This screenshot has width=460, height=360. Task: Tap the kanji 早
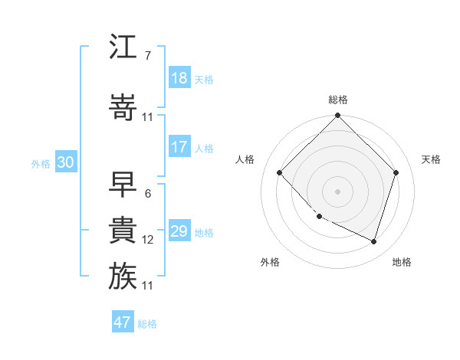pyautogui.click(x=123, y=183)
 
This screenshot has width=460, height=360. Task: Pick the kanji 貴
pyautogui.click(x=123, y=229)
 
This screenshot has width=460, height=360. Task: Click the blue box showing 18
pyautogui.click(x=179, y=78)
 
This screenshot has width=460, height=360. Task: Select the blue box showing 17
pyautogui.click(x=179, y=147)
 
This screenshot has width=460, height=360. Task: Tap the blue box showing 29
pyautogui.click(x=179, y=231)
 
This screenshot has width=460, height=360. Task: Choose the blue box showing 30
pyautogui.click(x=65, y=162)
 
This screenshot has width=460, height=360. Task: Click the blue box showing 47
pyautogui.click(x=123, y=322)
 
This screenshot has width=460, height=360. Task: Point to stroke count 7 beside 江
pyautogui.click(x=147, y=56)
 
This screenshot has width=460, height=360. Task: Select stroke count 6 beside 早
pyautogui.click(x=147, y=194)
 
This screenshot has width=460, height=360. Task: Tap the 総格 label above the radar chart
pyautogui.click(x=338, y=100)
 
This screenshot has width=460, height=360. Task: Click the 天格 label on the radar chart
pyautogui.click(x=432, y=159)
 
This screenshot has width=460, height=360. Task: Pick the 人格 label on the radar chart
pyautogui.click(x=245, y=159)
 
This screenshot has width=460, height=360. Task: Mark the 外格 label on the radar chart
pyautogui.click(x=270, y=262)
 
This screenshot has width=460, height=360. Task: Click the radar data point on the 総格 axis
pyautogui.click(x=338, y=116)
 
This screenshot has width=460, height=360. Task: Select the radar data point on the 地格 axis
pyautogui.click(x=373, y=241)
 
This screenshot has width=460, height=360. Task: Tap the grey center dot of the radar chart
pyautogui.click(x=338, y=191)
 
